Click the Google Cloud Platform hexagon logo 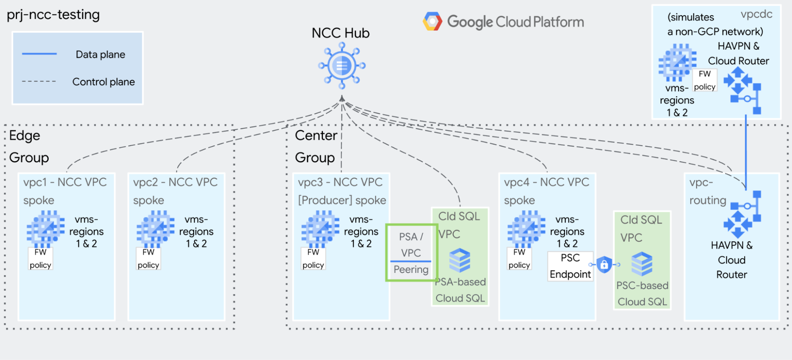click(x=432, y=21)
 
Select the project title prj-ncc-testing click(x=53, y=15)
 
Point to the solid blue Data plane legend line click(x=39, y=54)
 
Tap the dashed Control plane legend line click(x=39, y=82)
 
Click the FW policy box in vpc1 click(x=40, y=259)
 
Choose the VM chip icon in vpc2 click(x=155, y=229)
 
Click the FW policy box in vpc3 click(x=313, y=259)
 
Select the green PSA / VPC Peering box click(x=411, y=253)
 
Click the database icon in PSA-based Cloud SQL click(x=460, y=261)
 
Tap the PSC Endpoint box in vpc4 click(x=570, y=266)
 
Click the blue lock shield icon click(x=604, y=264)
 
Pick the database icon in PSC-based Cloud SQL click(x=642, y=264)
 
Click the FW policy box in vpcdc click(x=704, y=80)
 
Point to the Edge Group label click(x=29, y=147)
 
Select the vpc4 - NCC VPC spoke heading click(x=546, y=191)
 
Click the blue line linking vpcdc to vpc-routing click(x=746, y=150)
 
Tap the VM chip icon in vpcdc click(x=677, y=62)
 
